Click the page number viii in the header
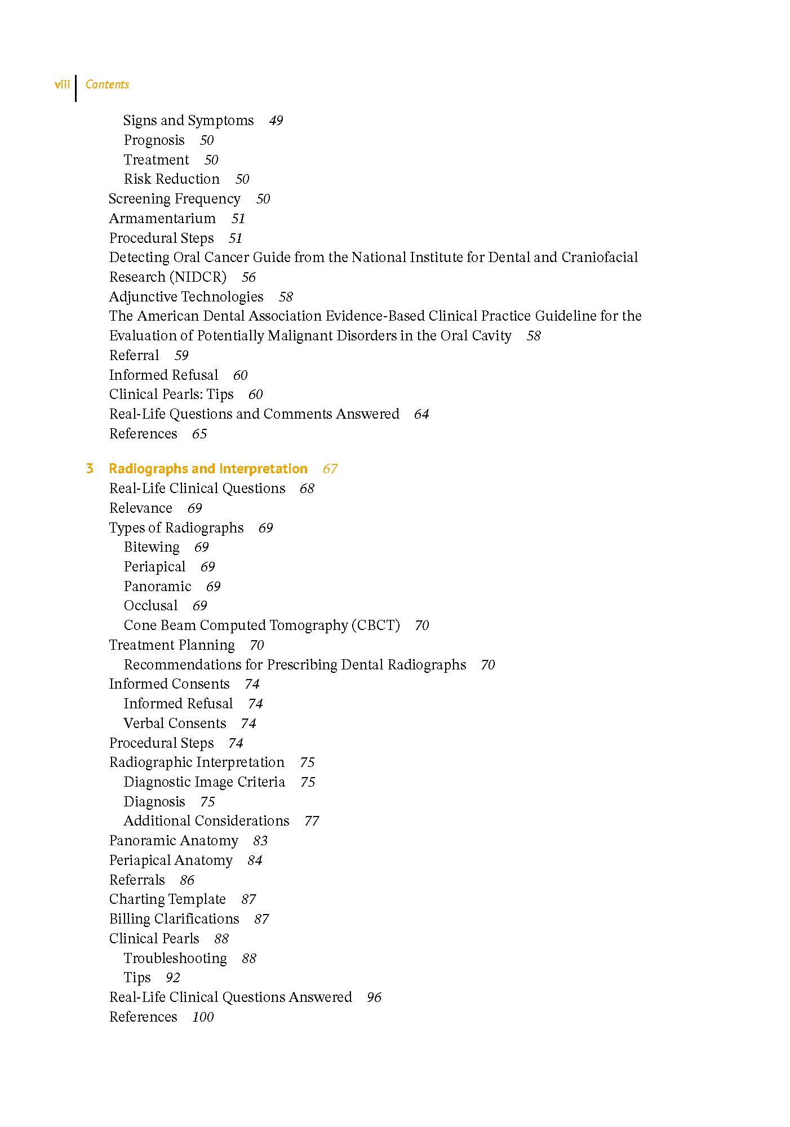pos(62,85)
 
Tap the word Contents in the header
pos(107,85)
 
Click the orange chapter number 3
pos(90,469)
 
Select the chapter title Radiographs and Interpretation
pos(208,469)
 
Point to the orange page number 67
pos(330,469)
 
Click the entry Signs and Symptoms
pos(188,121)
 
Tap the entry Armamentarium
pos(162,219)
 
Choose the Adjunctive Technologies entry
pos(186,297)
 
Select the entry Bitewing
pos(152,547)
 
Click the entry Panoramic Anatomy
pos(174,841)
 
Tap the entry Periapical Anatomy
pos(171,860)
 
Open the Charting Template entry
pos(167,899)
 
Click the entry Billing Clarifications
pos(174,919)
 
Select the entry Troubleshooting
pos(175,959)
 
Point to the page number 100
pos(203,1017)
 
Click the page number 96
pos(374,997)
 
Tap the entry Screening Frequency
pos(174,199)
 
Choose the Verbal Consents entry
pos(175,724)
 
